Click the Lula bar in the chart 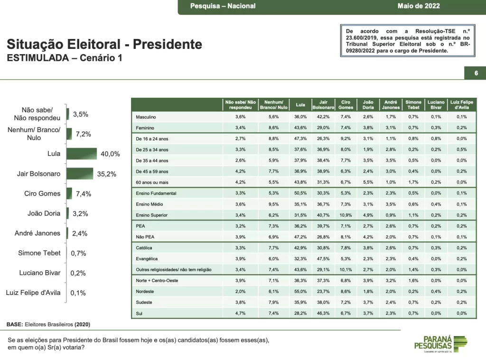(82, 154)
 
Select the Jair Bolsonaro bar (80, 174)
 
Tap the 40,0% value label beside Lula (110, 154)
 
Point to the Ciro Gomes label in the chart (42, 194)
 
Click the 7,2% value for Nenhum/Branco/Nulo (83, 134)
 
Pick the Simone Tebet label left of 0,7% (39, 253)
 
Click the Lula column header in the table (300, 104)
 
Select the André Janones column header (390, 104)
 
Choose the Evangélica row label (147, 258)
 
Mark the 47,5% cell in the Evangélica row (323, 258)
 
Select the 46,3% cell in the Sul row (323, 313)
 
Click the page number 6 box (475, 73)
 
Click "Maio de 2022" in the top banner (419, 6)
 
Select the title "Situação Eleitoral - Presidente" (104, 45)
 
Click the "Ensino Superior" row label (151, 215)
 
